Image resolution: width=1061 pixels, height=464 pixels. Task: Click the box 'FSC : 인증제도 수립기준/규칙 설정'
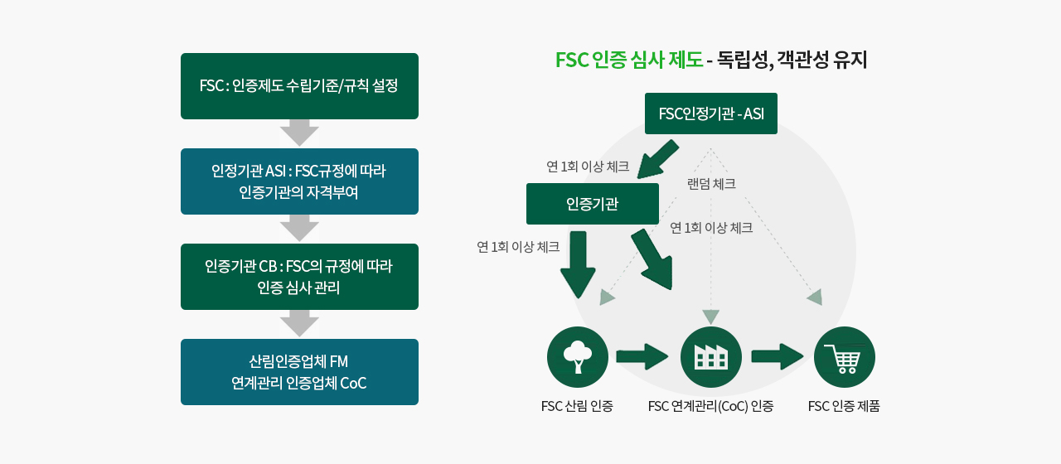click(x=299, y=86)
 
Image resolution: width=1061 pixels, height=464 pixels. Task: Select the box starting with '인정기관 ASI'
click(x=299, y=181)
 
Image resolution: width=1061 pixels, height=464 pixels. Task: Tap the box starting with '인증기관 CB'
click(x=299, y=277)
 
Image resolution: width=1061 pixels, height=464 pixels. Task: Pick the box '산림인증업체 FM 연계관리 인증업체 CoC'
click(x=299, y=372)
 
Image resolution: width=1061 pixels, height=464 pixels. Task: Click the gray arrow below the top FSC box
click(x=299, y=133)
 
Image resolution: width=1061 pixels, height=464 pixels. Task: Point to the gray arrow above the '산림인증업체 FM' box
click(x=299, y=324)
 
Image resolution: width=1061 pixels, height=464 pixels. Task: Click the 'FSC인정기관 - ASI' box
click(x=710, y=114)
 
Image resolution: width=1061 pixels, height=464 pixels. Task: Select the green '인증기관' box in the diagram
click(x=592, y=204)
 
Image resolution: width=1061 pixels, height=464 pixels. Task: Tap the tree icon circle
click(x=578, y=357)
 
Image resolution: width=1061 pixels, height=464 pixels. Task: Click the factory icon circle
click(x=710, y=357)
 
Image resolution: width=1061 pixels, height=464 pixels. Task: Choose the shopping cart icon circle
click(x=844, y=357)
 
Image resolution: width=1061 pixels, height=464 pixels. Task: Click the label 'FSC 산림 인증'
click(x=577, y=406)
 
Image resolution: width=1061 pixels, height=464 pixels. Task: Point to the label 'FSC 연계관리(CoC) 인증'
click(x=710, y=406)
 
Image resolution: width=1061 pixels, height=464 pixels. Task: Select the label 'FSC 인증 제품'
click(x=844, y=406)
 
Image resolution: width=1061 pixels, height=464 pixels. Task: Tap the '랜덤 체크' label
click(x=711, y=184)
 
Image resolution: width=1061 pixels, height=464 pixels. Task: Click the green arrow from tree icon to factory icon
click(x=642, y=357)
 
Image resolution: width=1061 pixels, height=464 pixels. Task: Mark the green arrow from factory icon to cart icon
click(x=778, y=357)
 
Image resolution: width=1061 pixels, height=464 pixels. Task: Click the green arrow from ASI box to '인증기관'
click(x=659, y=158)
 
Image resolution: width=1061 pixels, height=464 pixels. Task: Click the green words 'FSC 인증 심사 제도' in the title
click(x=628, y=60)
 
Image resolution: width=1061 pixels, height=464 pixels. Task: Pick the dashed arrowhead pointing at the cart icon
click(x=816, y=297)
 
